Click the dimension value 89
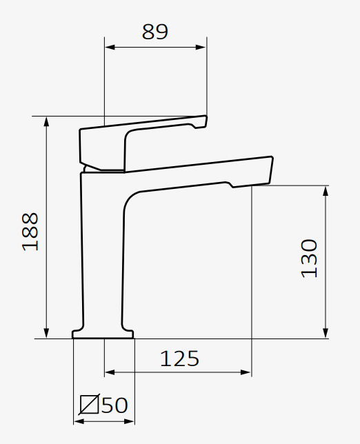point(155,32)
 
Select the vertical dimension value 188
point(30,231)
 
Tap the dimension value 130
point(310,258)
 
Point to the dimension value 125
point(179,359)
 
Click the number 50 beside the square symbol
point(114,405)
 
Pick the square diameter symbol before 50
point(90,405)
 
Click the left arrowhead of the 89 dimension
point(108,48)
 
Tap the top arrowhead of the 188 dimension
point(47,121)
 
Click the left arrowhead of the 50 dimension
point(77,420)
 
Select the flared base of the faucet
point(103,334)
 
